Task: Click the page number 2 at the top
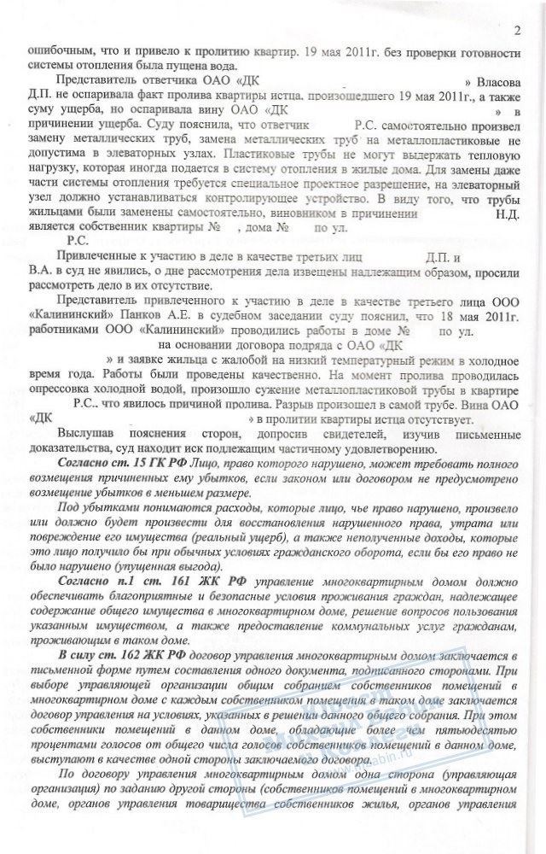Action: click(x=518, y=32)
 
